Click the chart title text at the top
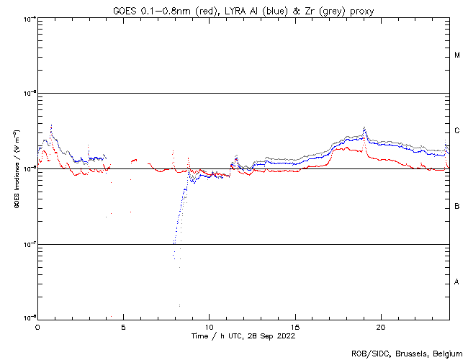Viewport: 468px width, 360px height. click(x=243, y=11)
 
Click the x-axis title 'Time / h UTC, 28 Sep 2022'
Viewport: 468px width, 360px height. click(x=243, y=336)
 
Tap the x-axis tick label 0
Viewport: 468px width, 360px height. click(x=37, y=326)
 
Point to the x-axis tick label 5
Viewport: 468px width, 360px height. click(x=123, y=326)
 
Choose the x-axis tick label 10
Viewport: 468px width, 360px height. click(x=209, y=326)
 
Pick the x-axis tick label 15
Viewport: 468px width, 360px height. click(x=295, y=326)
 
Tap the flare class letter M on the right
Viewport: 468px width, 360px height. click(x=457, y=55)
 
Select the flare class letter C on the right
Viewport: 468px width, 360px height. click(x=457, y=131)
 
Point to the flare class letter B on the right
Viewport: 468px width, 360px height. click(x=457, y=207)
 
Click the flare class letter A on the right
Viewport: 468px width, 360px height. click(x=457, y=282)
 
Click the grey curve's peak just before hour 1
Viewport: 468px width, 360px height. click(x=51, y=125)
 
